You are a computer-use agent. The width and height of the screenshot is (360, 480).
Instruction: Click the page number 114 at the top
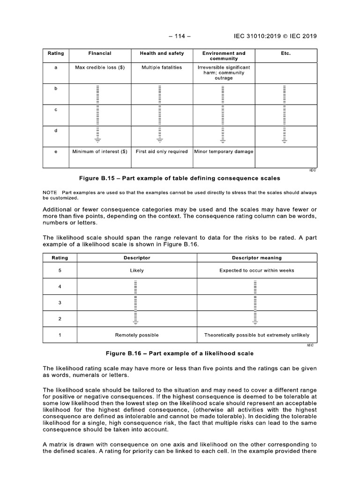(x=180, y=36)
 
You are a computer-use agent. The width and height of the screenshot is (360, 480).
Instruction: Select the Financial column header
(x=99, y=53)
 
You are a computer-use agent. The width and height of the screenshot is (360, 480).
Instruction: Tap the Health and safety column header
(x=162, y=53)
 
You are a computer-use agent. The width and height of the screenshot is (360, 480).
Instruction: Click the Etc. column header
(x=285, y=53)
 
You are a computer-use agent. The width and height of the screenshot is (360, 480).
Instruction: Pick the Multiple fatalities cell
(x=162, y=67)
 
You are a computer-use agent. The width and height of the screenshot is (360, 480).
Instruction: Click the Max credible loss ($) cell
(x=99, y=67)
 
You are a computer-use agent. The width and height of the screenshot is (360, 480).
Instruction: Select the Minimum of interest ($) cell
(x=99, y=151)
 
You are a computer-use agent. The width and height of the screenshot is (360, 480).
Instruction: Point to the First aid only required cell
(x=162, y=151)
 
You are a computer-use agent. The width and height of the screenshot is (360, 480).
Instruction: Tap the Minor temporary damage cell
(x=223, y=151)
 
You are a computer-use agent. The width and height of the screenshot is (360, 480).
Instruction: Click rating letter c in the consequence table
(x=56, y=109)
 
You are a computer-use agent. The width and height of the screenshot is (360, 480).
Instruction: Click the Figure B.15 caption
(x=180, y=178)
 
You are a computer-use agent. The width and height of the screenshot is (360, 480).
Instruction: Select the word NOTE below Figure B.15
(x=50, y=193)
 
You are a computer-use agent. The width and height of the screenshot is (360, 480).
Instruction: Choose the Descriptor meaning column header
(x=257, y=258)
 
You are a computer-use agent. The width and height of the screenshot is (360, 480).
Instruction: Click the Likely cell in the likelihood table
(x=137, y=270)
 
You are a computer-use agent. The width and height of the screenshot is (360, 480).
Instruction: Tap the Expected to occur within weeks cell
(x=257, y=270)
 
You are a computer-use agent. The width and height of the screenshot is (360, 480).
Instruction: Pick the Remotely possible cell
(x=137, y=335)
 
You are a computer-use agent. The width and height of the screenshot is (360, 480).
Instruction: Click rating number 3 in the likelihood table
(x=60, y=303)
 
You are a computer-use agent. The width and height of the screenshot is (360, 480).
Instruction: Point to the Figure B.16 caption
(x=180, y=353)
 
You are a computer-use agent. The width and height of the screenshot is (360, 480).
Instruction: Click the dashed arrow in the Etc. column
(x=285, y=113)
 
